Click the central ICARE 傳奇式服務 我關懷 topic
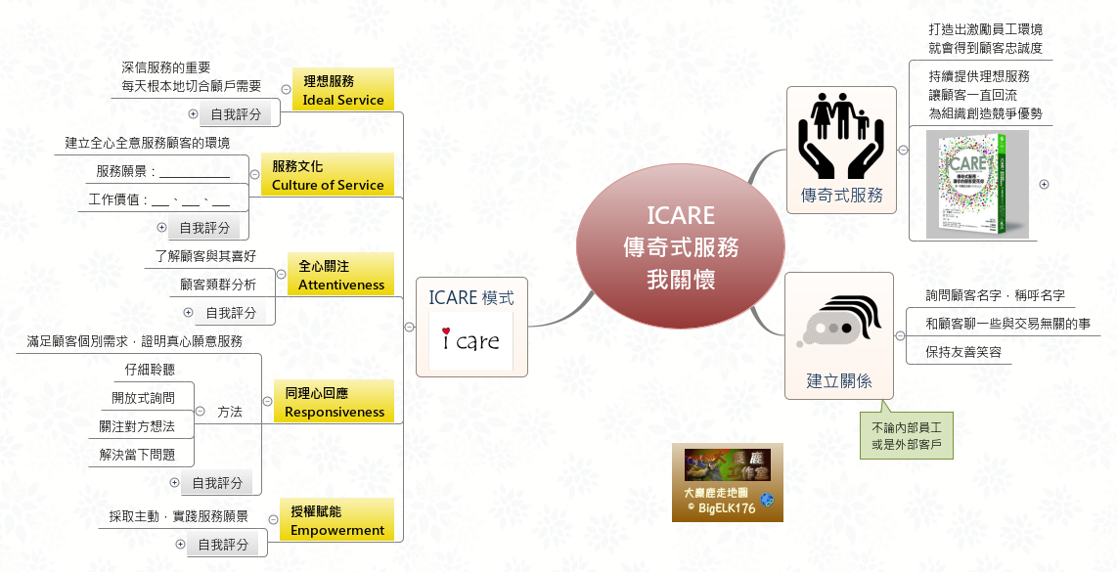pos(680,247)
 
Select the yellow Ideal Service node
pos(342,90)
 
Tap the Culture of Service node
pos(327,175)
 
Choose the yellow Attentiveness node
pos(340,275)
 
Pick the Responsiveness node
pos(334,402)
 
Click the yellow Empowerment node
pos(336,520)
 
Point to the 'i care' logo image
pos(470,340)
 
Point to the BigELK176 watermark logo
pos(727,483)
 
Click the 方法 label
pos(230,413)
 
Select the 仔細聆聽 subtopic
pos(150,370)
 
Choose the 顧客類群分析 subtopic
pos(218,285)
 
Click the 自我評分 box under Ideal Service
pos(236,114)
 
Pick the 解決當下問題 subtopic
pos(137,455)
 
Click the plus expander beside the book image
pos(1044,185)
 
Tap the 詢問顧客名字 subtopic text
pos(995,294)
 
